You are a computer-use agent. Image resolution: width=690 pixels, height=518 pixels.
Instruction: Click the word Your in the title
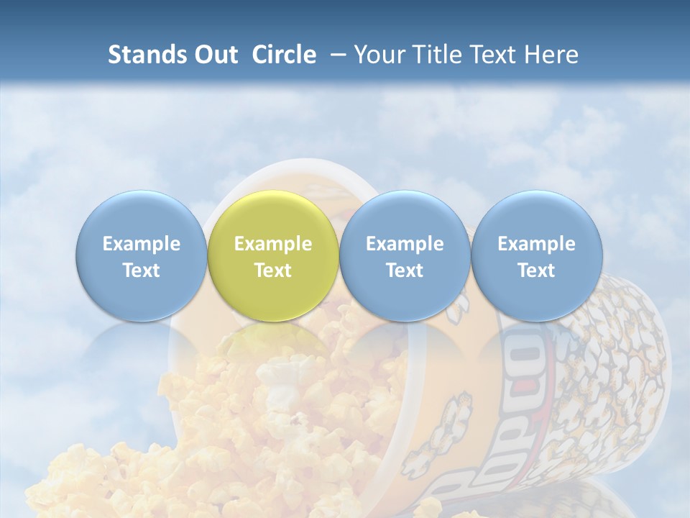pos(377,55)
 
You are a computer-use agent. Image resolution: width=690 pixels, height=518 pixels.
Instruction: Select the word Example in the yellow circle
pos(273,244)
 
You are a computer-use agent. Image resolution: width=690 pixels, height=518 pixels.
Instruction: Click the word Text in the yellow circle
pos(273,271)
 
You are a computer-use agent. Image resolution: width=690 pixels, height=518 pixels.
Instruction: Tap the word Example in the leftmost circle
pos(142,244)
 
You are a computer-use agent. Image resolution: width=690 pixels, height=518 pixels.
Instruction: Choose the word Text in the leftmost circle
pos(142,271)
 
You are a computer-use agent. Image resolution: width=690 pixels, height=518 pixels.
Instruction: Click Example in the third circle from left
pos(405,244)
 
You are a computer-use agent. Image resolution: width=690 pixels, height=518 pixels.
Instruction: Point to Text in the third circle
pos(405,271)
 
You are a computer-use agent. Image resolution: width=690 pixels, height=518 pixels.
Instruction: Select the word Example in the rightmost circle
pos(536,244)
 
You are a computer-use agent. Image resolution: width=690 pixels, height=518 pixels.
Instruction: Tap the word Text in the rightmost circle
pos(536,271)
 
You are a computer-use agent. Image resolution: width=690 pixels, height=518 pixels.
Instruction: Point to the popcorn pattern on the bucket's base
pos(632,360)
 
